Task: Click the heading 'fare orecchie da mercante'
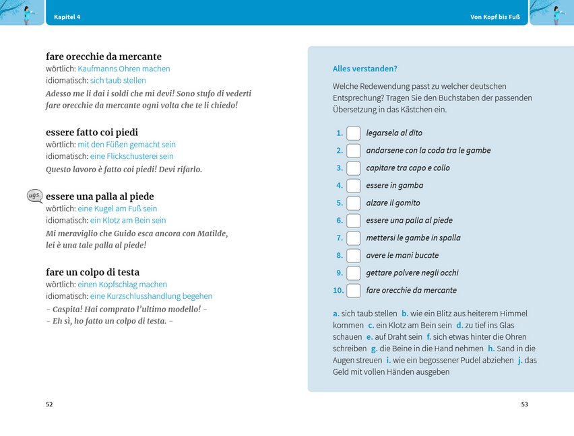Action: coord(104,57)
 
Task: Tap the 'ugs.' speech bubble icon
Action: coord(34,196)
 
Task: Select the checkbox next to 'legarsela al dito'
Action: coord(354,133)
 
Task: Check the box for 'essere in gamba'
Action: coord(354,186)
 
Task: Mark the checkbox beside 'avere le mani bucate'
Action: coord(354,256)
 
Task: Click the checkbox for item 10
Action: coord(354,291)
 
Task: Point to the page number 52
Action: coord(49,404)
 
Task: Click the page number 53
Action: coord(525,404)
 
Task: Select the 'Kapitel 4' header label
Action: coord(67,16)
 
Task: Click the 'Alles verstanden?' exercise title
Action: coord(365,69)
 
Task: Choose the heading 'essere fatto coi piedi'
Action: coord(92,133)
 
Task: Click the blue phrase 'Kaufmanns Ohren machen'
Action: coord(124,69)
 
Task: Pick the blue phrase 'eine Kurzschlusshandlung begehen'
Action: coord(151,296)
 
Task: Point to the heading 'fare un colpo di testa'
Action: coord(93,272)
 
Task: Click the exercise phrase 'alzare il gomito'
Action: coord(393,203)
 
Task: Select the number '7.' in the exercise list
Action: coord(340,238)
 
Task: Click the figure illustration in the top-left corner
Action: coord(25,13)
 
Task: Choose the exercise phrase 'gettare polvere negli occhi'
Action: coord(412,273)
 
